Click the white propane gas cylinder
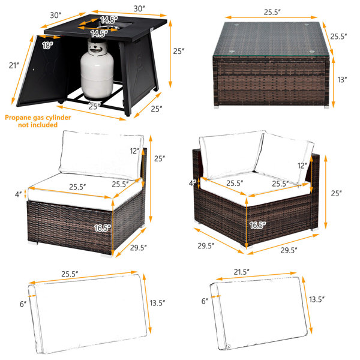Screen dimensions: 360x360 click(97, 69)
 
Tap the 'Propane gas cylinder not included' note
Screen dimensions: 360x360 click(38, 121)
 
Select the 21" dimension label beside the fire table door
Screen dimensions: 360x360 click(14, 65)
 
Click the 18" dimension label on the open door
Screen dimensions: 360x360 click(47, 46)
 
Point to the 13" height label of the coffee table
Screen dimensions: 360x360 click(342, 80)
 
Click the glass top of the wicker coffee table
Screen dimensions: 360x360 click(272, 40)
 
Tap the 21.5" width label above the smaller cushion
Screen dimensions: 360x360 click(242, 272)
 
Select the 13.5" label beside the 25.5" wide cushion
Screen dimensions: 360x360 click(157, 303)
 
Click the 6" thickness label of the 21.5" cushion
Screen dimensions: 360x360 click(205, 301)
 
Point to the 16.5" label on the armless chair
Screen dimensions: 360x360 click(103, 228)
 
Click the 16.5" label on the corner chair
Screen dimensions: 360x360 click(257, 226)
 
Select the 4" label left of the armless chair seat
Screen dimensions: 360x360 click(19, 194)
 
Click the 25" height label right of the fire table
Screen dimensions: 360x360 click(179, 51)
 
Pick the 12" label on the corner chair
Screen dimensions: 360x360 click(302, 166)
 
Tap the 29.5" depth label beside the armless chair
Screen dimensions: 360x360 click(139, 248)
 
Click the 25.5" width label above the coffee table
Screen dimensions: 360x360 click(272, 12)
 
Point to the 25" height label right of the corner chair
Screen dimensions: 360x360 click(337, 194)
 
